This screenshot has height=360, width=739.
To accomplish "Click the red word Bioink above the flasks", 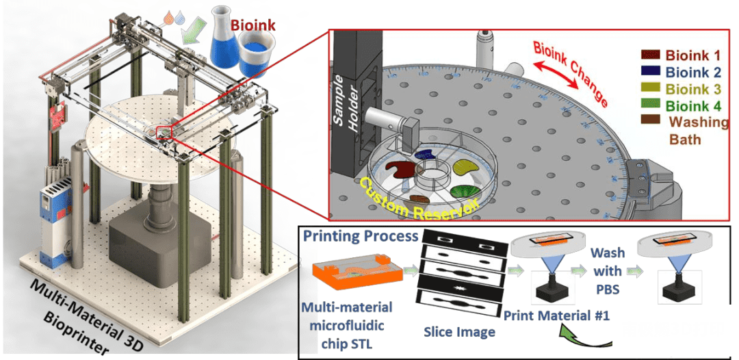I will (x=253, y=26).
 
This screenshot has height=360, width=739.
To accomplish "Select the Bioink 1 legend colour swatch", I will (x=650, y=54).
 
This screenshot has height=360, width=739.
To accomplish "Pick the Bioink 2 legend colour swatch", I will (x=650, y=71).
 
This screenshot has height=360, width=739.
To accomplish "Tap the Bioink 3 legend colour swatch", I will (x=650, y=88).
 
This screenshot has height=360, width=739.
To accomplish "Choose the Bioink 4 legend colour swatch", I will (x=650, y=105).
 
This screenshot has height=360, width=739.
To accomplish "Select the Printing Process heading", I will (x=361, y=236).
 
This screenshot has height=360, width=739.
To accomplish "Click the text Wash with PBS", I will (x=608, y=271).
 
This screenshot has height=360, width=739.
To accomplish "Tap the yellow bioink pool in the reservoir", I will (x=464, y=166).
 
